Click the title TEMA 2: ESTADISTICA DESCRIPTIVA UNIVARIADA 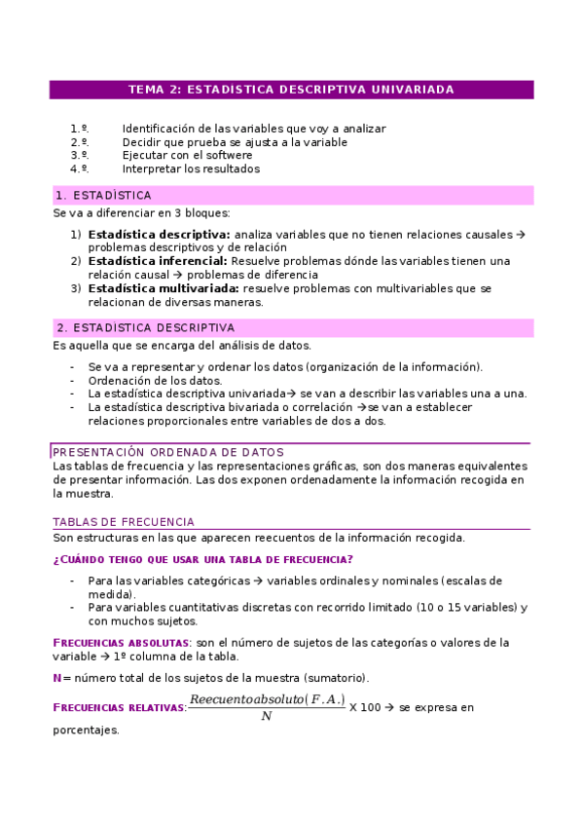[x=291, y=90]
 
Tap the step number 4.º [x=80, y=169]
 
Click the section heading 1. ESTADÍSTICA [x=103, y=195]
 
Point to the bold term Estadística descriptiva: [x=159, y=235]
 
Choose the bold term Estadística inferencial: [x=158, y=261]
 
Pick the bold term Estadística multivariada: [x=163, y=288]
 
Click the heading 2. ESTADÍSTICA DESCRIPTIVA [x=145, y=328]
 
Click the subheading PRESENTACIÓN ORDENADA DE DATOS [x=167, y=452]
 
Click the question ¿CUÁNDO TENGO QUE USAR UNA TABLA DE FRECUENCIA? [x=201, y=559]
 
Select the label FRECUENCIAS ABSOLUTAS [x=121, y=643]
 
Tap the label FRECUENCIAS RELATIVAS [x=118, y=708]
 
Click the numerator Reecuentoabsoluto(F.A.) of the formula [x=267, y=699]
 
